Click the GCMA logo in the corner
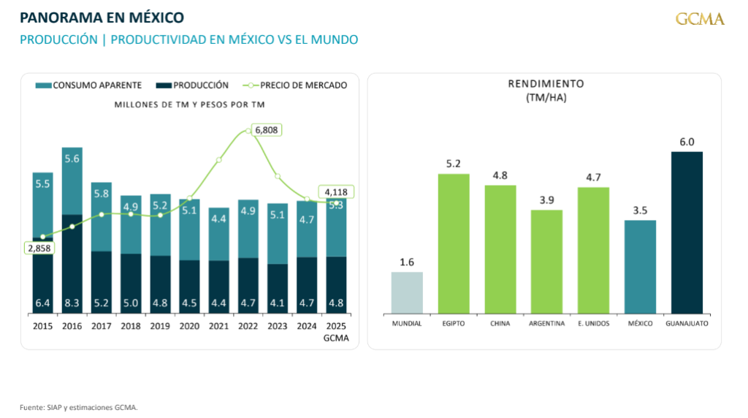click(x=700, y=19)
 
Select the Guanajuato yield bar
click(x=687, y=232)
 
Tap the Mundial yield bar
click(x=407, y=292)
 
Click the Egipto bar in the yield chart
click(x=454, y=243)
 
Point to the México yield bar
click(x=640, y=267)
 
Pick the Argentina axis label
click(x=546, y=323)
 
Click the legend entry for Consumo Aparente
click(x=88, y=85)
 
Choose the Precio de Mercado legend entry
click(x=296, y=85)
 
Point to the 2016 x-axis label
click(x=72, y=327)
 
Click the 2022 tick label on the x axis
click(x=248, y=327)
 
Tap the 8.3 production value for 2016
click(x=72, y=303)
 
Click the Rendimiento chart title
click(x=546, y=83)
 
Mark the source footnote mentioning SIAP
click(x=78, y=407)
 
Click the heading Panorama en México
click(x=102, y=17)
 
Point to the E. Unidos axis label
click(x=593, y=323)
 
